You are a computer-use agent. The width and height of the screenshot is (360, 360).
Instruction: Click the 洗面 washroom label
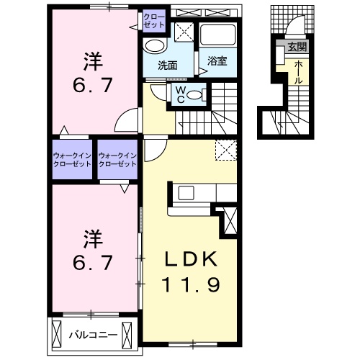(x=168, y=65)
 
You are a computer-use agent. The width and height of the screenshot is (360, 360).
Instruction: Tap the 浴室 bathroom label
(x=217, y=61)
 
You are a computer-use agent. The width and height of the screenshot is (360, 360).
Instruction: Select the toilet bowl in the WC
(x=199, y=93)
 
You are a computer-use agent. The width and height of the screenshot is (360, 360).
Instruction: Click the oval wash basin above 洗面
(x=153, y=45)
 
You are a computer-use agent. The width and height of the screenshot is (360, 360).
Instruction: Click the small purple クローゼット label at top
(x=153, y=19)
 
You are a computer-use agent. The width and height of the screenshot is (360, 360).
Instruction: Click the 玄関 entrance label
(x=297, y=48)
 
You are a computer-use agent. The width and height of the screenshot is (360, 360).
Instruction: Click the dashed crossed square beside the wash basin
(x=184, y=31)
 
